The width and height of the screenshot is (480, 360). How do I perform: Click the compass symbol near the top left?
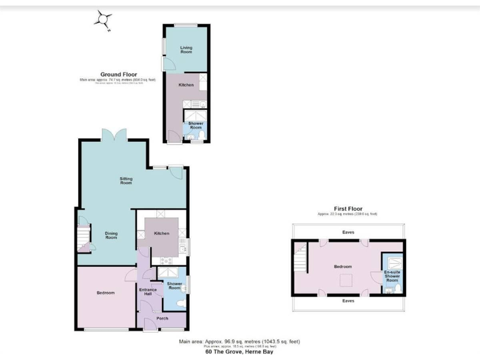click(103, 19)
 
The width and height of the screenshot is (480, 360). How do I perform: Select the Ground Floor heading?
click(119, 74)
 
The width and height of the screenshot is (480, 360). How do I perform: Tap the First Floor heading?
click(348, 209)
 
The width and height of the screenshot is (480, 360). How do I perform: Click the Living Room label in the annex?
click(186, 50)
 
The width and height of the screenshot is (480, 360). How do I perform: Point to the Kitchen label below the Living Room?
click(186, 84)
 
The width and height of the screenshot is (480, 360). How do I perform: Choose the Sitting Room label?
click(126, 181)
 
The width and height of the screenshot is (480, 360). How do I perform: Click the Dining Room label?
click(111, 236)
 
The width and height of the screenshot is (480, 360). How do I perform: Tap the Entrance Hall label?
click(148, 292)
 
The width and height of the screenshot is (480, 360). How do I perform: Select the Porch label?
click(162, 319)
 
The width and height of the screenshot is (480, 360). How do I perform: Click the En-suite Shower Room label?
click(391, 276)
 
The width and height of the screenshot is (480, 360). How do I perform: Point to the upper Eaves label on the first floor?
click(348, 232)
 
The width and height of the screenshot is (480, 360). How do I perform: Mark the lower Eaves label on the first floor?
click(348, 301)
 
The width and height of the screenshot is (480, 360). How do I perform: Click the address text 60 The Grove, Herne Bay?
click(239, 351)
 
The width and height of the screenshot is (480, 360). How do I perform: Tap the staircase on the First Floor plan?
click(301, 257)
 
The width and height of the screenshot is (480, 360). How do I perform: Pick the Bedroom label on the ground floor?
click(105, 292)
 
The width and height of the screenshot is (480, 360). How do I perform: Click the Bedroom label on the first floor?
click(342, 266)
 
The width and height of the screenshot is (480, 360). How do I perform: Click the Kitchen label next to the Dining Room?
click(161, 233)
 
